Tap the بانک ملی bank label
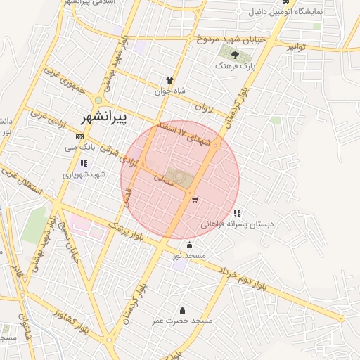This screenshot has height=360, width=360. point(80,148)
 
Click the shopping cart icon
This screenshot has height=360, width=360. point(193,199)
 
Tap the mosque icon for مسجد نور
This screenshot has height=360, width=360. point(189,245)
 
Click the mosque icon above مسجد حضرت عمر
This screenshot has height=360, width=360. point(183,310)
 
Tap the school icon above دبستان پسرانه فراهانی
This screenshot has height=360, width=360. point(237,213)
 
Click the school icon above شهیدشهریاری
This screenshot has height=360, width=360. point(84,163)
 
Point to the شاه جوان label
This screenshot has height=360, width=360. point(169,91)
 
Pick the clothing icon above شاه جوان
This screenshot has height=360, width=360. point(169,80)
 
